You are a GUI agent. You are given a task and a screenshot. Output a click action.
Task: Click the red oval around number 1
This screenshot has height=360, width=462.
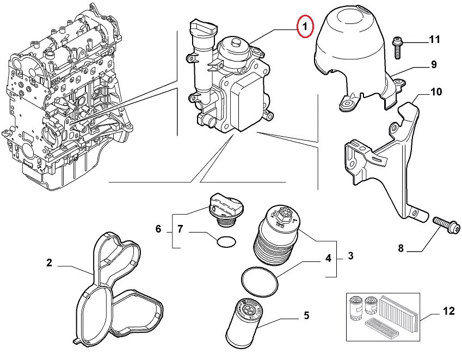pos(305,26)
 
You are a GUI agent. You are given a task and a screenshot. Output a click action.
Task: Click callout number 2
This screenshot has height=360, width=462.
pos(49,263)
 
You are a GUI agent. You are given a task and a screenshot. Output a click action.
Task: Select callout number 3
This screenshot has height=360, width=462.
pos(350,255)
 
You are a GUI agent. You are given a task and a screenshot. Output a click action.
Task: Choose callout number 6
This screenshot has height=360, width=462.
pos(158,229)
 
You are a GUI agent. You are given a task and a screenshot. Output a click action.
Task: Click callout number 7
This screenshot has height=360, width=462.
pos(181,229)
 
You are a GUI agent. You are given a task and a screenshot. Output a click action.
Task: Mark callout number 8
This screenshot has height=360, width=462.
pos(401,249)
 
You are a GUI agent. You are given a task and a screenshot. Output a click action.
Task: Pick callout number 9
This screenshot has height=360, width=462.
pos(434,65)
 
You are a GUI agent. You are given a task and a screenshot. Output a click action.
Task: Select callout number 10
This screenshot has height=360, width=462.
pos(436,91)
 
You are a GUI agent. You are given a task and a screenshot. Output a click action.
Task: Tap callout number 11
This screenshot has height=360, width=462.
pos(434,39)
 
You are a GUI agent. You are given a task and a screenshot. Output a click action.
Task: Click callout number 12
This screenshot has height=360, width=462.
pos(448,312)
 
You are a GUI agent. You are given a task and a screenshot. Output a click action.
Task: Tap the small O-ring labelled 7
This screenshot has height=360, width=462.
pos(226,241)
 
